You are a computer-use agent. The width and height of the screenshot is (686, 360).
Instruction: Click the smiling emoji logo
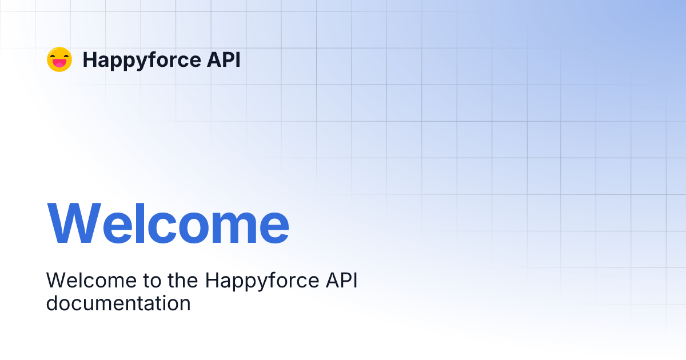(59, 59)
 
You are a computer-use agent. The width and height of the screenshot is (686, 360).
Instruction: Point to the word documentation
(118, 303)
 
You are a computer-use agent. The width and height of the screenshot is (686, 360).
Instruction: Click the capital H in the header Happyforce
(89, 59)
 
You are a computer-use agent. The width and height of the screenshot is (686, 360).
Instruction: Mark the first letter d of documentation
(53, 303)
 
